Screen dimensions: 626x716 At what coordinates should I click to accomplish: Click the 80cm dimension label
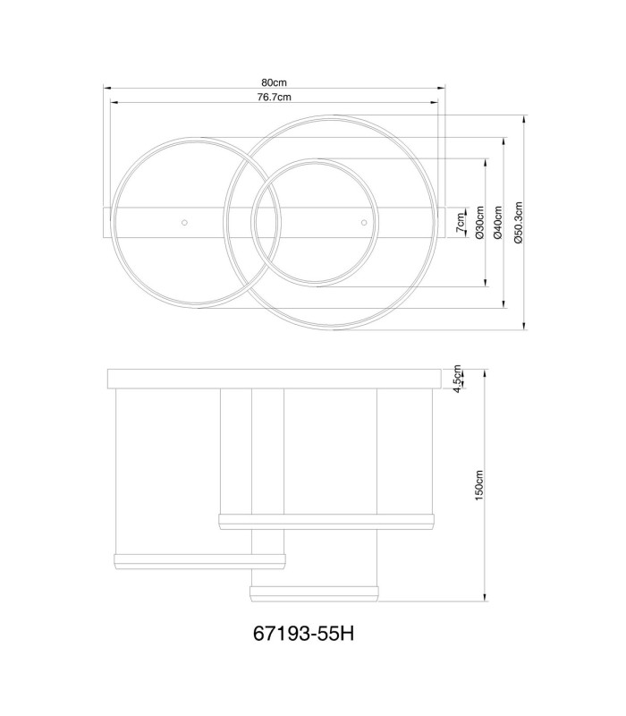(x=274, y=82)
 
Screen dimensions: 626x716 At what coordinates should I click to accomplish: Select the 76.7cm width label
(x=274, y=97)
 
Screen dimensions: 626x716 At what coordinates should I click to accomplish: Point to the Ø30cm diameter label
(x=479, y=222)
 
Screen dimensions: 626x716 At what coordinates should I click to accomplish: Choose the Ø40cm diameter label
(x=498, y=222)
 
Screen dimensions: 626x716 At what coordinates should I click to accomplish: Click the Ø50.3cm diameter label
(x=518, y=222)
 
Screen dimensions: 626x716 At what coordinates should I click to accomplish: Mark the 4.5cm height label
(x=458, y=377)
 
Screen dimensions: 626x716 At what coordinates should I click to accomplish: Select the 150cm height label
(x=478, y=485)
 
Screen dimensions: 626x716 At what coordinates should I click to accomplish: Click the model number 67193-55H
(x=303, y=634)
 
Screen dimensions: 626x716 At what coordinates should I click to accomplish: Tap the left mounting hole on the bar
(x=184, y=222)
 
